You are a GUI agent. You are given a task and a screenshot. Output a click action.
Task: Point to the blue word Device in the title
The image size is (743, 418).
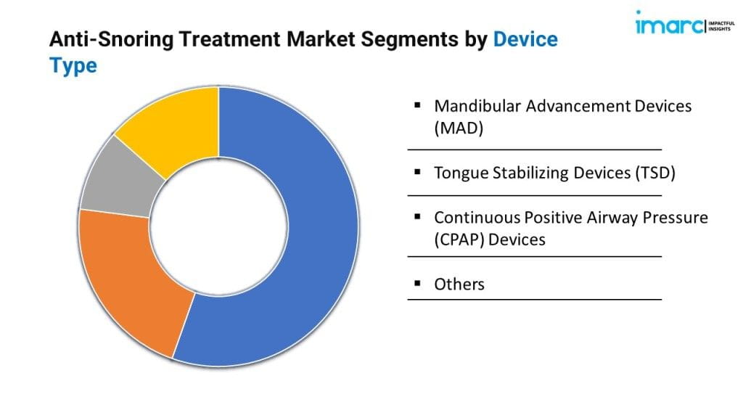click(x=525, y=39)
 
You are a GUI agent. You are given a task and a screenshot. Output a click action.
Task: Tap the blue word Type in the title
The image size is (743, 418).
click(x=73, y=66)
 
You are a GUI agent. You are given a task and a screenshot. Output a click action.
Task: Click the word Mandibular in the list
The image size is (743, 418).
click(x=477, y=106)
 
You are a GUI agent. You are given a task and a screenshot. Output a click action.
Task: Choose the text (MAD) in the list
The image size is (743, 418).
click(x=459, y=128)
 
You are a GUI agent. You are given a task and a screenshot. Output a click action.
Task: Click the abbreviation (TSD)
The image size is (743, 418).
click(x=655, y=173)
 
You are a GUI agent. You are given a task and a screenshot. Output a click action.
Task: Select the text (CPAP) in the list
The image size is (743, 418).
click(x=459, y=239)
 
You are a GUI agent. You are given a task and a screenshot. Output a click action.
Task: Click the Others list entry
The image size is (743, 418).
click(x=459, y=284)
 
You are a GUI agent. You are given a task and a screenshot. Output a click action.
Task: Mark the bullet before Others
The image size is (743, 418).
click(x=417, y=284)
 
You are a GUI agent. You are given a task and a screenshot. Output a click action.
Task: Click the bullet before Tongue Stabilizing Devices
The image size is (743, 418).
click(x=417, y=171)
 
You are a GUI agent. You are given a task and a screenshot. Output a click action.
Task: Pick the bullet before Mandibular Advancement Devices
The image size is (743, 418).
click(x=417, y=104)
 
